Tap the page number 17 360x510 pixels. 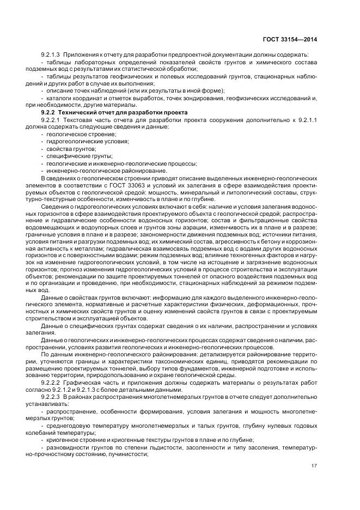coord(314,465)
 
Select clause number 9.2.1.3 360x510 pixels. coord(50,55)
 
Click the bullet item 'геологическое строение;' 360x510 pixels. coord(74,133)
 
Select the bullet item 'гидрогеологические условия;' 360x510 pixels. coord(80,141)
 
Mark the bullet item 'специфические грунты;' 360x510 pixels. coord(71,156)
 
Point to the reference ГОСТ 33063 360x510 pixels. coord(126,185)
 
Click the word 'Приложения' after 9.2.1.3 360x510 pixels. coord(81,55)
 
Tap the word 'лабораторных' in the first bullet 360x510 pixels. coord(88,63)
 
